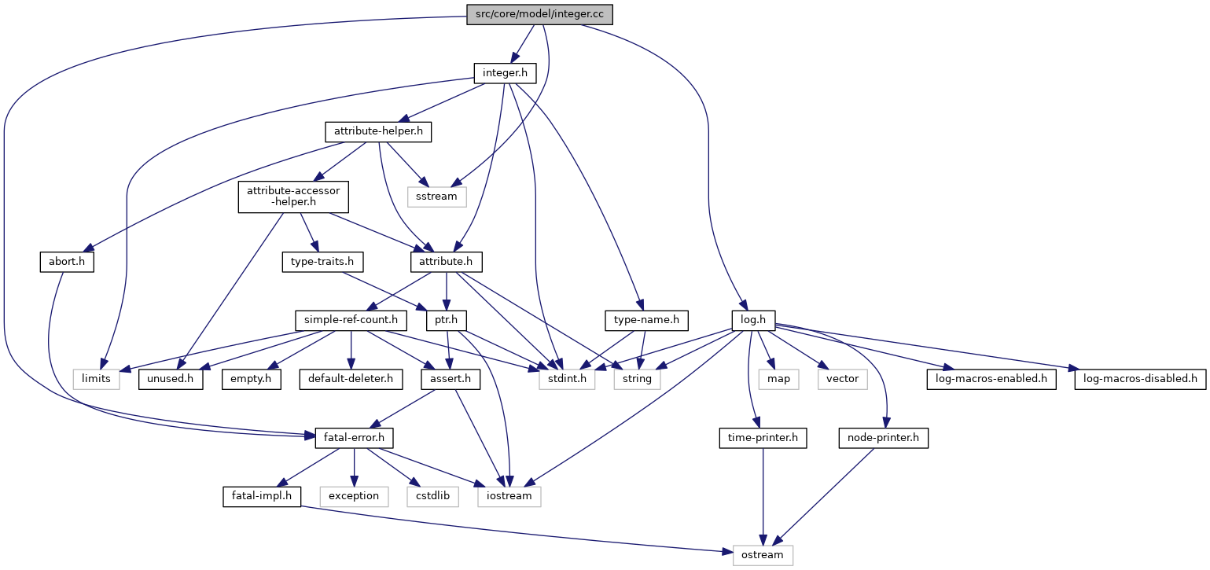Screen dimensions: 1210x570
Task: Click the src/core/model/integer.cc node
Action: (x=539, y=14)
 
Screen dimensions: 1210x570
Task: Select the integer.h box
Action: (x=505, y=73)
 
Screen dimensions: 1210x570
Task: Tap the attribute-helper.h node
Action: (x=378, y=132)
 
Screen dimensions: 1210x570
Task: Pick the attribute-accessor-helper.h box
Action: (x=293, y=197)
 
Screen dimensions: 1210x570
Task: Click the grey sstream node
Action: (x=436, y=196)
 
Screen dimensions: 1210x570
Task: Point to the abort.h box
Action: (x=67, y=262)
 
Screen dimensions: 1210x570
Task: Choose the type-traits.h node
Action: (x=322, y=262)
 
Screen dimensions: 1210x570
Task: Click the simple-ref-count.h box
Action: (x=351, y=321)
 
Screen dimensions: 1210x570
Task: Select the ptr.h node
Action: (x=447, y=321)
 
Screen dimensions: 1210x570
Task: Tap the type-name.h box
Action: (x=646, y=321)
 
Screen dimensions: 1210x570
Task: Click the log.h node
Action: (x=753, y=321)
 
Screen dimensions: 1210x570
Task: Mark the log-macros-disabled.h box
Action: (x=1140, y=379)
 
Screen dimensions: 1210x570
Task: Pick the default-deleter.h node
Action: (x=351, y=379)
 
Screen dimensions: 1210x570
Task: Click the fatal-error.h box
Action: (x=354, y=438)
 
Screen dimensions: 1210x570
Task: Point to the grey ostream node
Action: (x=763, y=555)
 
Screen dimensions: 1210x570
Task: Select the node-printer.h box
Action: (x=883, y=438)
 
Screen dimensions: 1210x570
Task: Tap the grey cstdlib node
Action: (x=432, y=497)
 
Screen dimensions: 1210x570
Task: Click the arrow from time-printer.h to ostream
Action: (x=763, y=497)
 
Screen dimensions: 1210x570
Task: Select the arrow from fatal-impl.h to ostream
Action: (x=516, y=529)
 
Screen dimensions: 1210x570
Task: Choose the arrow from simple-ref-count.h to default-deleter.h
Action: (x=351, y=350)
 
